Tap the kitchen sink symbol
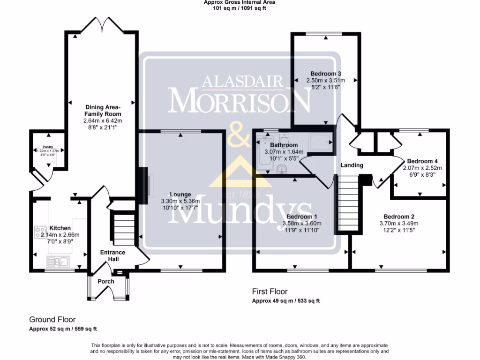click(58, 261)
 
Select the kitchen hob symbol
click(39, 231)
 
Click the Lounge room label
click(180, 195)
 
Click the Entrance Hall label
click(112, 255)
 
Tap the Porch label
click(106, 282)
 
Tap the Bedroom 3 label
click(325, 74)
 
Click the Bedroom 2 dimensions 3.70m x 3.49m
click(399, 224)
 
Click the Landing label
click(352, 165)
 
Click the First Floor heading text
click(270, 292)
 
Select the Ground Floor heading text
click(52, 320)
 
